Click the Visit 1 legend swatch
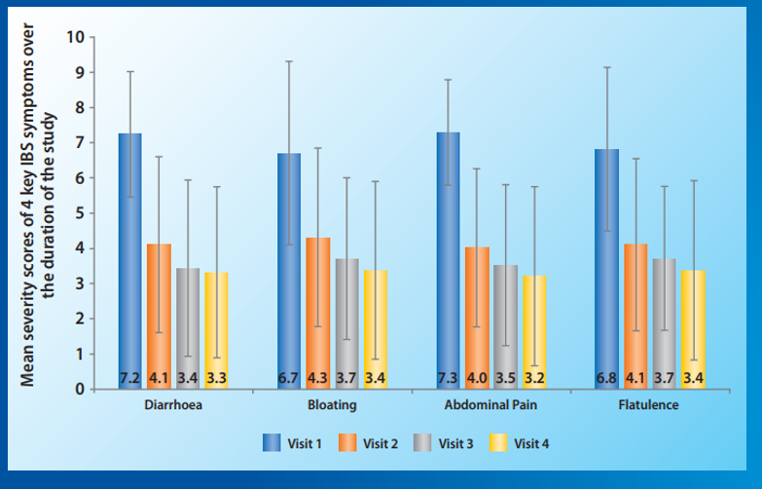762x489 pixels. pos(272,443)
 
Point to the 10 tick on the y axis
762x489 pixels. pos(77,37)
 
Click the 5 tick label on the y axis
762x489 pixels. pos(80,213)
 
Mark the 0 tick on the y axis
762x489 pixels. pos(80,389)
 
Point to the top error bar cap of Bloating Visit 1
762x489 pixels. pos(289,61)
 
